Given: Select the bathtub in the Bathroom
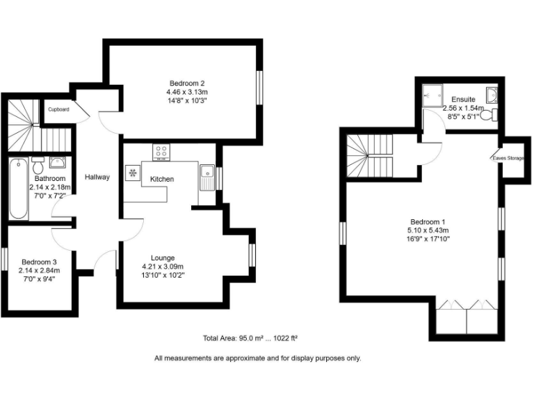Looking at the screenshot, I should point(17,189).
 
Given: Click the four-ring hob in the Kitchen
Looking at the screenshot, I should point(162,151).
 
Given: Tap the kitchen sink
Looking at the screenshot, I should point(207,172).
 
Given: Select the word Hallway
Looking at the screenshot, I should point(97,177).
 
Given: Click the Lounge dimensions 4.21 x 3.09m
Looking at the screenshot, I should point(163,266).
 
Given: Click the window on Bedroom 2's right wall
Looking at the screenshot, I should point(261,88).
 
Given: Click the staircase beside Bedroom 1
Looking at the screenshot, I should point(370,157).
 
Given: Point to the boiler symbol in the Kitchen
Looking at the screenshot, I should point(131,173).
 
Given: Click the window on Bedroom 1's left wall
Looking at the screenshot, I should point(342,233).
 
